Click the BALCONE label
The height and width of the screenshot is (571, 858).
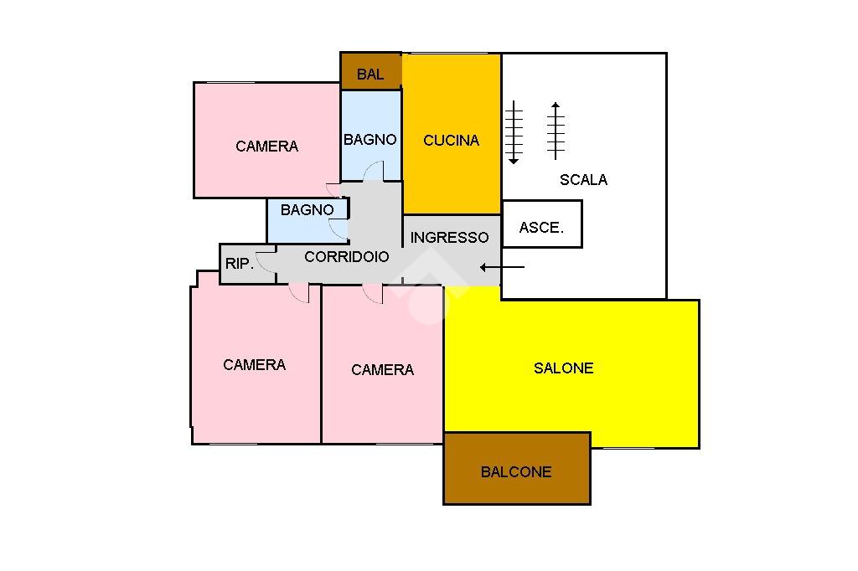coord(516,472)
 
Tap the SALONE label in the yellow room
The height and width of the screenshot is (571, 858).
coord(563,368)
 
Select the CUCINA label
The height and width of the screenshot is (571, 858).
coord(451,141)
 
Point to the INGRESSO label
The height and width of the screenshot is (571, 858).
coord(449,238)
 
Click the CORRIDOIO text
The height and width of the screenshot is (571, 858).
coord(346,257)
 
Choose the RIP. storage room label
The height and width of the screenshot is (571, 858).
coord(240,264)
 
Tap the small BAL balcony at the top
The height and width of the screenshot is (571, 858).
coord(370,74)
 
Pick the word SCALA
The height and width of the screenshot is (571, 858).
coord(583,179)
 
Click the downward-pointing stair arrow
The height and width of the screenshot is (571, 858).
coord(514,132)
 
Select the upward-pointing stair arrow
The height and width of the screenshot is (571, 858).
coord(555,131)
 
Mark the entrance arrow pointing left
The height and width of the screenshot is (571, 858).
coord(502,267)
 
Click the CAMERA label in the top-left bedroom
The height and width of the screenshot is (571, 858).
coord(266,147)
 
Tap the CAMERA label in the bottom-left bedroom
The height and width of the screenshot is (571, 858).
coord(254,365)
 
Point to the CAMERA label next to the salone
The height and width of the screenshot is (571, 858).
coord(382,370)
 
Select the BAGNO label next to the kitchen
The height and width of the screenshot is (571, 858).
coord(370,140)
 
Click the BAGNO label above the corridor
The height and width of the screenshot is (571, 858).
coord(307,210)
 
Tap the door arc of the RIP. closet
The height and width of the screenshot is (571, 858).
coord(266,262)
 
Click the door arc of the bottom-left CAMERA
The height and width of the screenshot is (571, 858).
coord(299,294)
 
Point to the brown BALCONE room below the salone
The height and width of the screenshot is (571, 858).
coord(516,490)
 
